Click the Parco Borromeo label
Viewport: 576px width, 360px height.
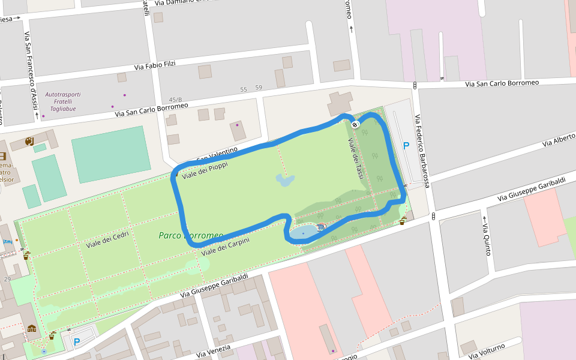click(191, 235)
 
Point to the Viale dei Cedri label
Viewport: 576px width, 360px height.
click(107, 240)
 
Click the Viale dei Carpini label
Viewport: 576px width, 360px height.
click(225, 246)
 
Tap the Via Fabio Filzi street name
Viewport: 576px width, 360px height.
click(154, 65)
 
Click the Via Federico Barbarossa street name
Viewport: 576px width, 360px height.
click(422, 151)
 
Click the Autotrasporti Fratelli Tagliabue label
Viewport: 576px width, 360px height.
click(63, 101)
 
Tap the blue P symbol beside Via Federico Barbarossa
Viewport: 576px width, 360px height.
click(406, 146)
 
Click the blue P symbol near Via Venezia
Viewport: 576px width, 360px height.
click(76, 342)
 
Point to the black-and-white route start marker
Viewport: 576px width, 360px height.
click(355, 124)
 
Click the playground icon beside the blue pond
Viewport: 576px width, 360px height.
click(321, 227)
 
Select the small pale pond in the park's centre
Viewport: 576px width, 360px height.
click(285, 179)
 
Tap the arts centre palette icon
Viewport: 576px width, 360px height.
click(29, 141)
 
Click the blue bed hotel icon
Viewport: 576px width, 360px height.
click(7, 241)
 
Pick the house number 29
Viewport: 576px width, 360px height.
click(7, 280)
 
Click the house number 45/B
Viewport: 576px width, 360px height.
click(175, 100)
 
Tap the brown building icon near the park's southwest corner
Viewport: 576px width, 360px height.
click(31, 328)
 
